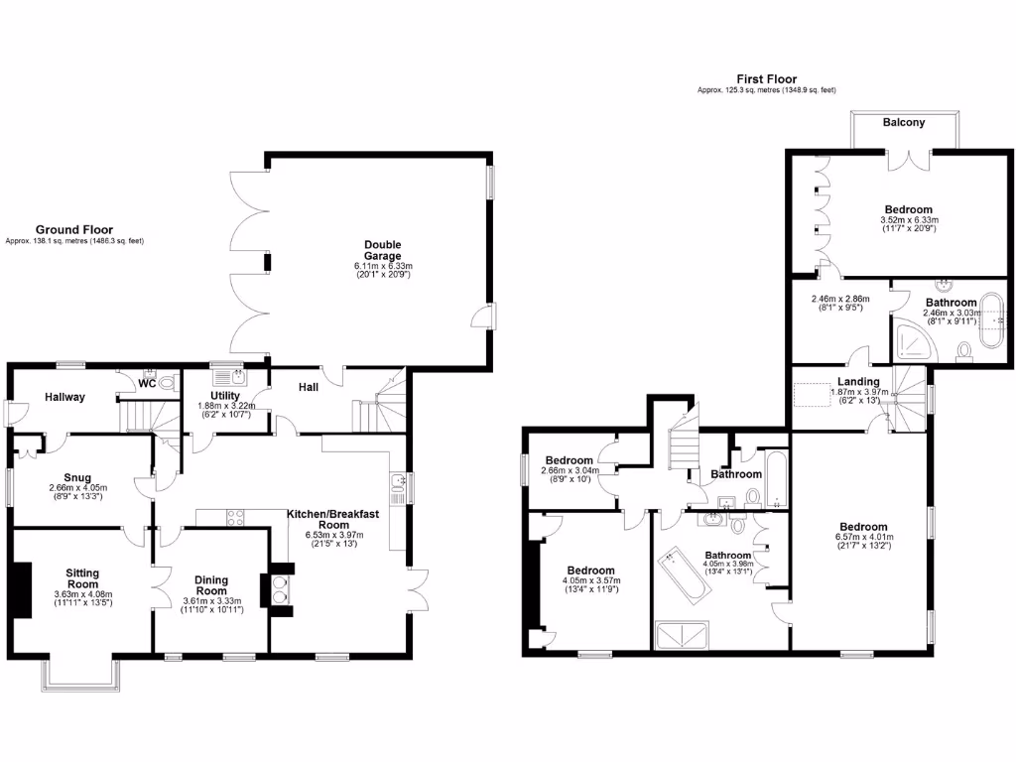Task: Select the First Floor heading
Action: [x=766, y=79]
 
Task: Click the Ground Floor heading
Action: [x=74, y=229]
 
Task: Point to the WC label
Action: [x=147, y=383]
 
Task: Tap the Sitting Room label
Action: [x=82, y=579]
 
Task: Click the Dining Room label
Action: [x=210, y=586]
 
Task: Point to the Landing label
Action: [x=857, y=381]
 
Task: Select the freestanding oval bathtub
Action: [x=993, y=320]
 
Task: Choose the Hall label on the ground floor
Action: [x=309, y=386]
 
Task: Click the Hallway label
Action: [x=64, y=397]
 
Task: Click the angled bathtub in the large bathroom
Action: [x=686, y=574]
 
